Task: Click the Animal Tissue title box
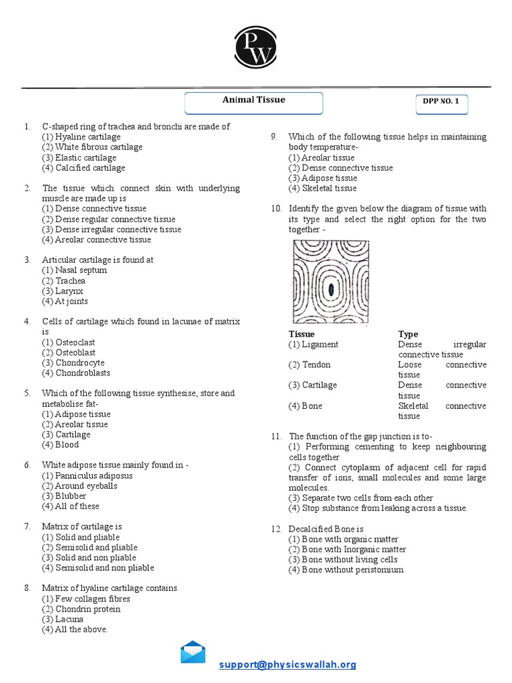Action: point(253,101)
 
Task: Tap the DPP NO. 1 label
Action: point(441,101)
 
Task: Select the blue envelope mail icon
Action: point(193,652)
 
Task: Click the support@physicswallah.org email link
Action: point(288,664)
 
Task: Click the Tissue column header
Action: point(301,333)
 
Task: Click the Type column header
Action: point(408,333)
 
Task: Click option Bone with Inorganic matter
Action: point(347,550)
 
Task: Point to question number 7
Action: point(27,526)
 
